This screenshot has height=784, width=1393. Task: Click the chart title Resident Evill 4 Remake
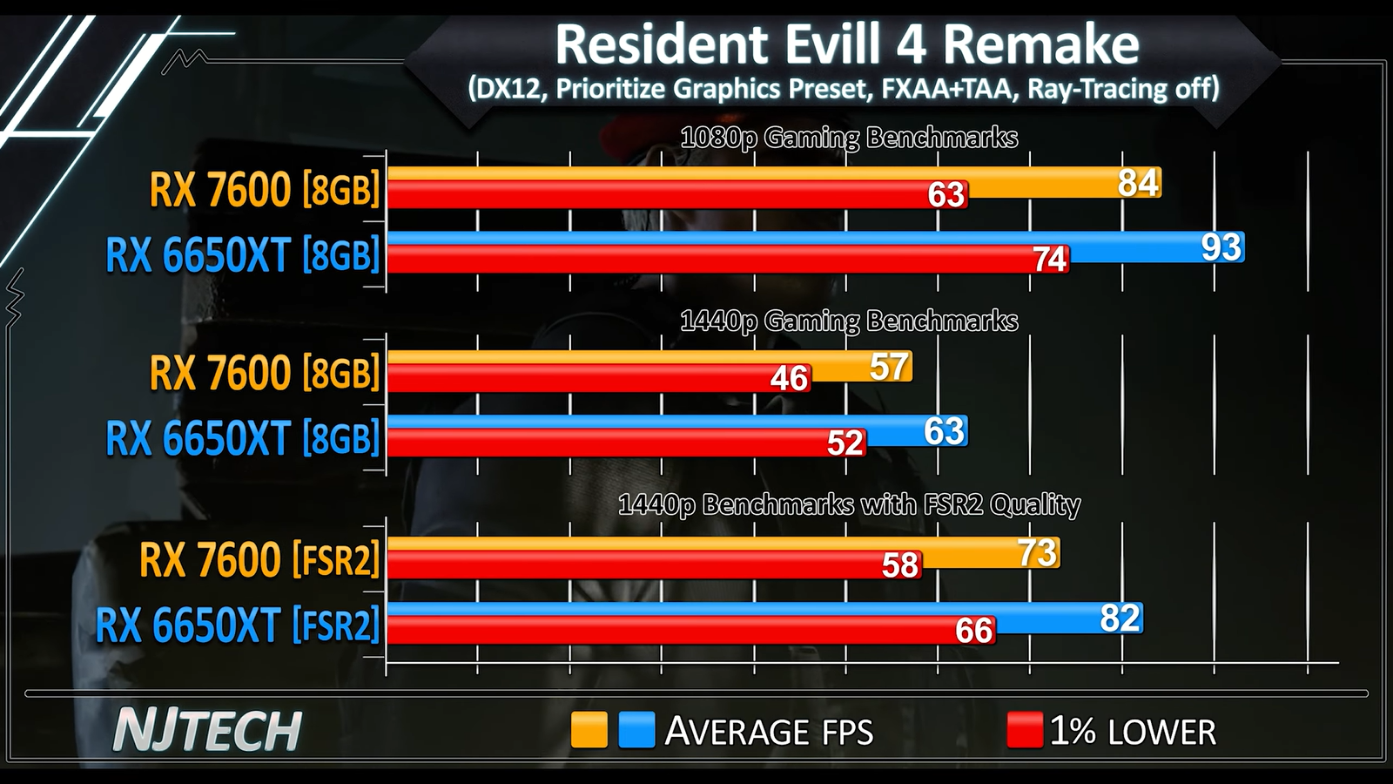(x=846, y=44)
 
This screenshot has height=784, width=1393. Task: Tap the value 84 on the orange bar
(x=1138, y=183)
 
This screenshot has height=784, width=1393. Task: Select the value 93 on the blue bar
(x=1221, y=247)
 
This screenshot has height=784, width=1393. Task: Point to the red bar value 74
(x=1049, y=259)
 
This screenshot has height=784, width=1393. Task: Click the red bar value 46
(x=790, y=378)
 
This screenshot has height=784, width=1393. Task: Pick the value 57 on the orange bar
(x=889, y=367)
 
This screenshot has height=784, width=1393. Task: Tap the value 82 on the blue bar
(x=1120, y=618)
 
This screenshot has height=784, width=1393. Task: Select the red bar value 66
(x=973, y=630)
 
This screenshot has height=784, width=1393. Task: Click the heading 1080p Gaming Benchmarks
(x=848, y=138)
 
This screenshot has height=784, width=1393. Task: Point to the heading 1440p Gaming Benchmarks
(x=848, y=321)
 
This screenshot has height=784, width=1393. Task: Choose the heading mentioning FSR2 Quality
(x=848, y=504)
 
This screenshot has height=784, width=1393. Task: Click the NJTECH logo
(x=207, y=730)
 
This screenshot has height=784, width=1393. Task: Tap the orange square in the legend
(x=589, y=730)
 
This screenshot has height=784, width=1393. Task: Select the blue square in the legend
(x=636, y=730)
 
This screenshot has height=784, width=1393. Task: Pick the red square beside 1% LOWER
(x=1024, y=730)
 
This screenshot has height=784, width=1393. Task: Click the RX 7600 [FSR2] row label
(x=259, y=559)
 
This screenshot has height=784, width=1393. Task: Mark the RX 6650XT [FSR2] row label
(x=237, y=625)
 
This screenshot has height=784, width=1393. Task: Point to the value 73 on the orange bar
(x=1037, y=552)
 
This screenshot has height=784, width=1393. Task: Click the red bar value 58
(x=900, y=565)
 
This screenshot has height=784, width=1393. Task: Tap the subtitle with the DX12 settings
(x=843, y=89)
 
